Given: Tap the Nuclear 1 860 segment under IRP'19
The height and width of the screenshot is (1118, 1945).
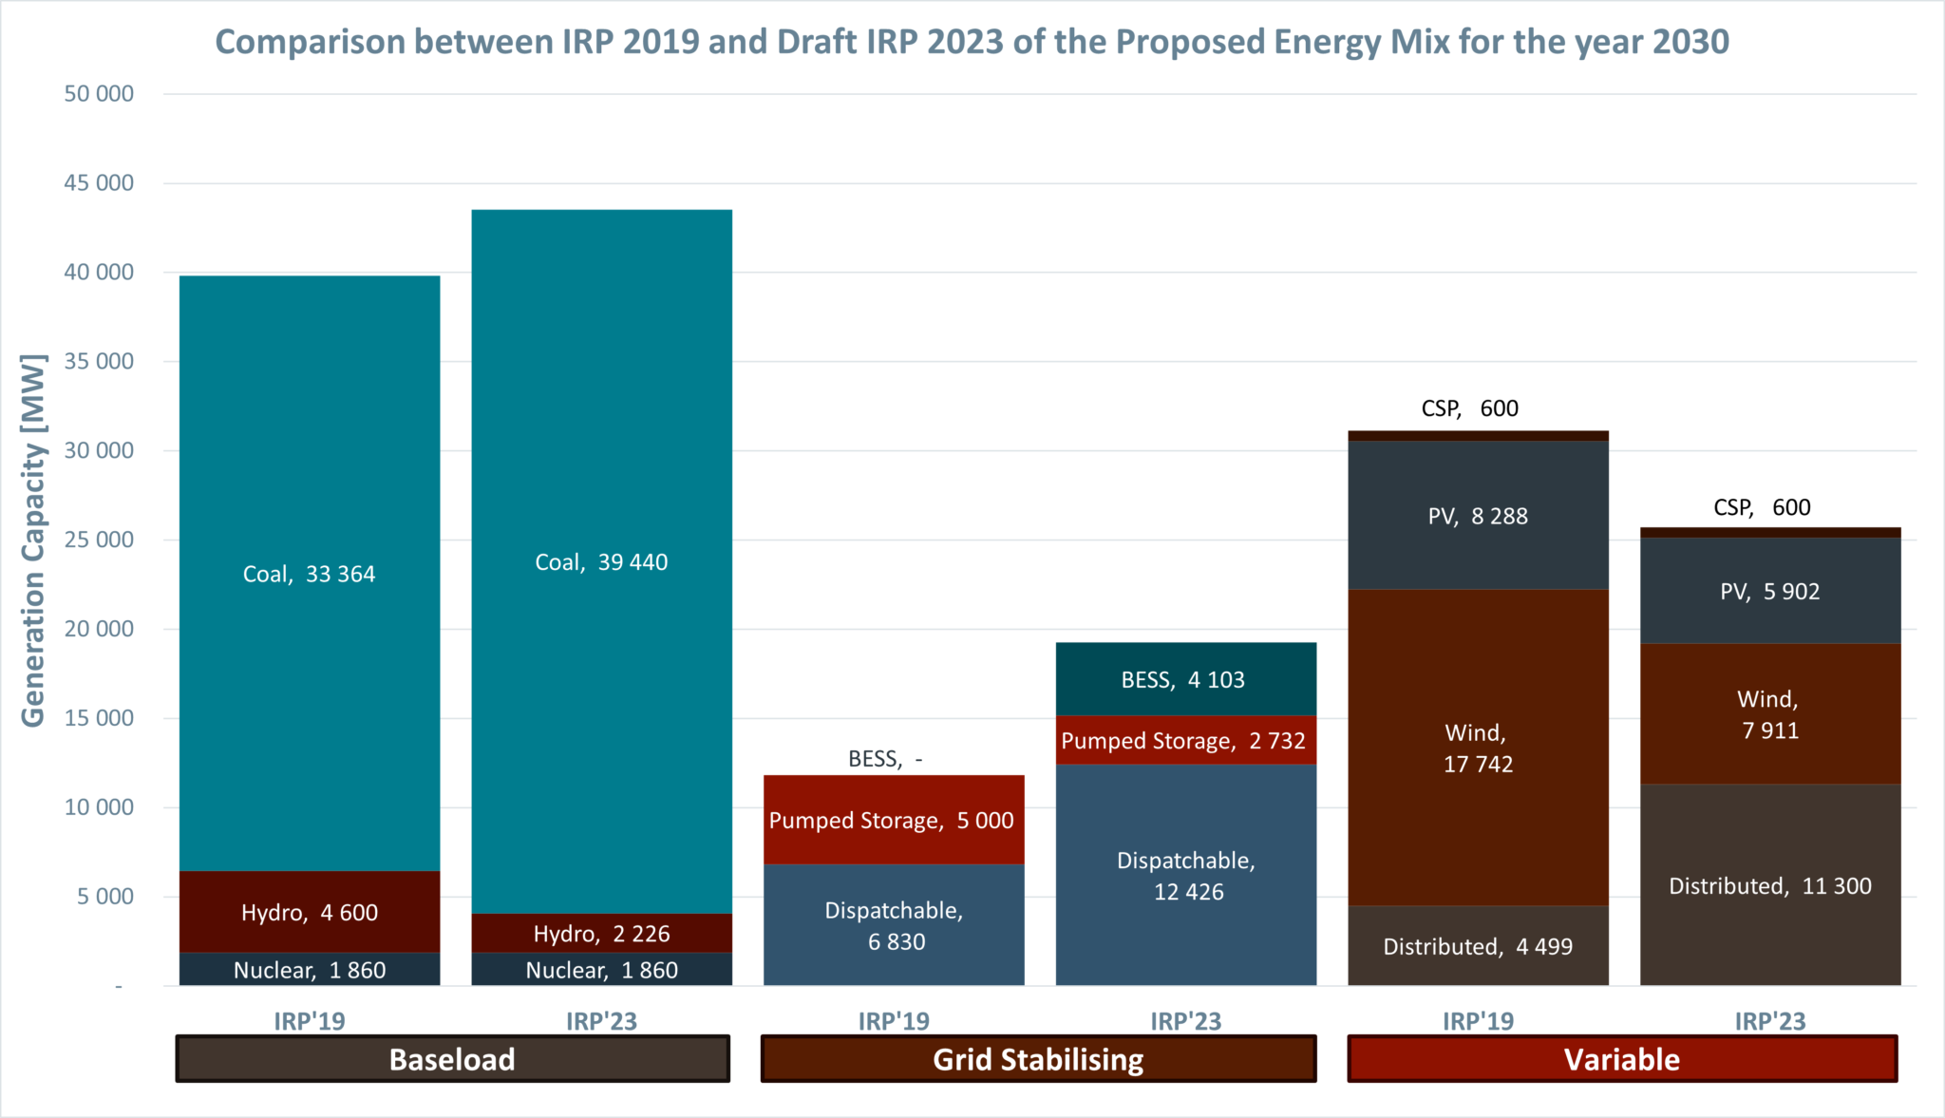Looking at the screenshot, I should click(310, 970).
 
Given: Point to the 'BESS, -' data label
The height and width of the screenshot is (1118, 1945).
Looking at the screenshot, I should click(885, 759).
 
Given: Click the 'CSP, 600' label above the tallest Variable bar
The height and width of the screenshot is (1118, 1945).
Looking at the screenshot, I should click(1469, 408).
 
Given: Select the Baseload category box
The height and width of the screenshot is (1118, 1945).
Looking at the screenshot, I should click(452, 1059).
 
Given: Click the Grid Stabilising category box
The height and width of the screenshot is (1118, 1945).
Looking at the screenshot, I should click(1038, 1059).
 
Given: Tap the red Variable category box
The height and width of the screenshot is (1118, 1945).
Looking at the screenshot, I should click(1622, 1059).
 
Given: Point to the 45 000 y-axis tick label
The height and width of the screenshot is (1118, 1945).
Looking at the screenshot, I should click(99, 182).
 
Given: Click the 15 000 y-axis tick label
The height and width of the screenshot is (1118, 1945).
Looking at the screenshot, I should click(99, 718).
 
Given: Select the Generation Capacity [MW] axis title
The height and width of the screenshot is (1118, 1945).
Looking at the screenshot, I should click(33, 540).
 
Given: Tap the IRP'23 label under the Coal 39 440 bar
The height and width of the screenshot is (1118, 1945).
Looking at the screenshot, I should click(601, 1021).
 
